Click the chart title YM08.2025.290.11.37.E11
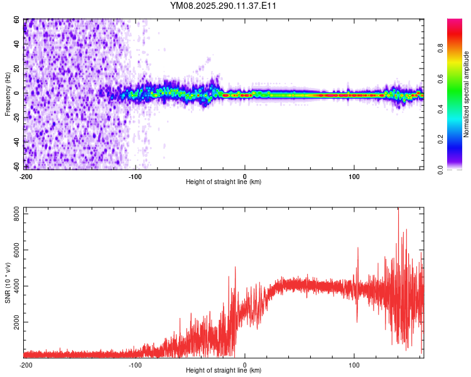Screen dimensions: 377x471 click(x=224, y=6)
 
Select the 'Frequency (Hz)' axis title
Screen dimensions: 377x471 click(x=8, y=94)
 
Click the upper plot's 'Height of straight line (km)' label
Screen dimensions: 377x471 click(x=224, y=182)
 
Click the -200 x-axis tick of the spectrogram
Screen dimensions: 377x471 click(x=26, y=176)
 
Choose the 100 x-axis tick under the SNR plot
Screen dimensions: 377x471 click(x=354, y=364)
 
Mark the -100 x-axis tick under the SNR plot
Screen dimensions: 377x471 click(x=134, y=364)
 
